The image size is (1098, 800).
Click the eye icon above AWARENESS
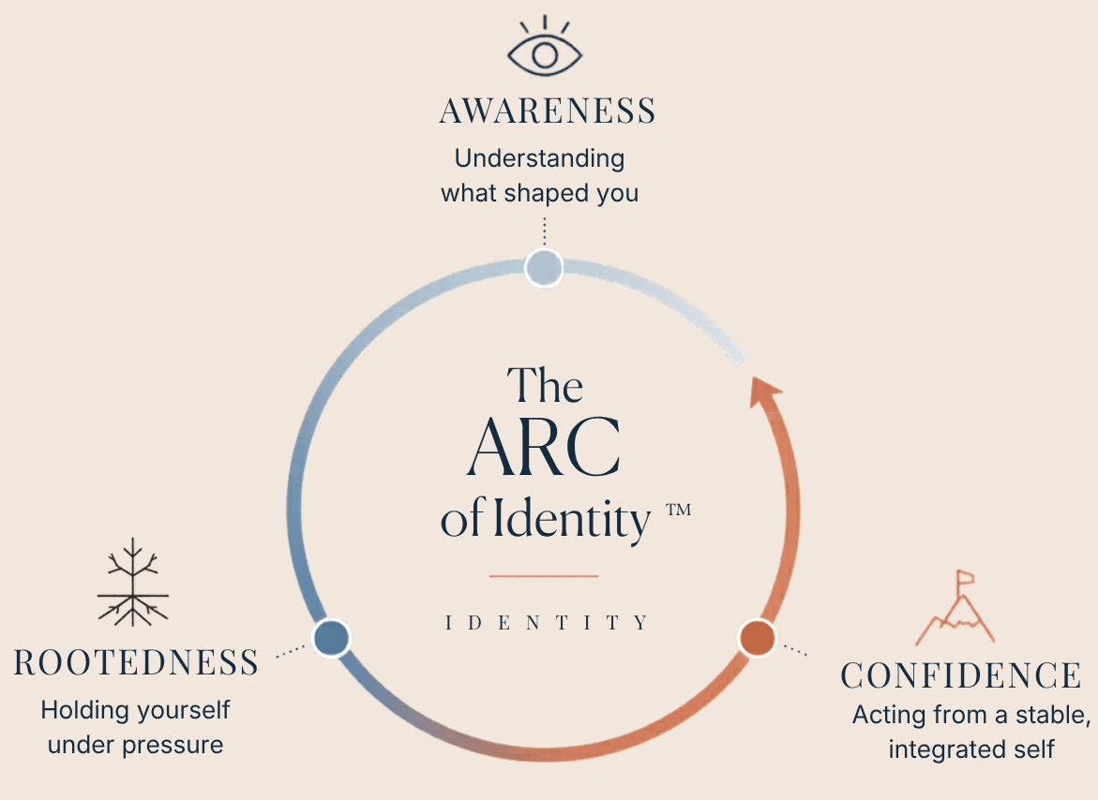[545, 51]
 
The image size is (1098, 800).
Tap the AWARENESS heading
[548, 111]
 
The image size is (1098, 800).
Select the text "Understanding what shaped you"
[540, 176]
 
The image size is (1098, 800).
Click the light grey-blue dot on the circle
[543, 268]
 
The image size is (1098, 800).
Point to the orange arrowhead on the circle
[763, 391]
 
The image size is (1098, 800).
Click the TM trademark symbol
[678, 510]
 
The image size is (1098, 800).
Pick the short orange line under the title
[543, 575]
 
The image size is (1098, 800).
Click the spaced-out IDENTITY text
[547, 623]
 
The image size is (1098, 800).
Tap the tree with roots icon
[133, 583]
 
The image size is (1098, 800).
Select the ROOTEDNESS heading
[137, 663]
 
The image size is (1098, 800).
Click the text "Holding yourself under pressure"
[135, 727]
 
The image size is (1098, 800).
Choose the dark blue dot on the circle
[331, 637]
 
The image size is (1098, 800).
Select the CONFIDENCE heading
[961, 676]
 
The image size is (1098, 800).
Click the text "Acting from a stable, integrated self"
[971, 732]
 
